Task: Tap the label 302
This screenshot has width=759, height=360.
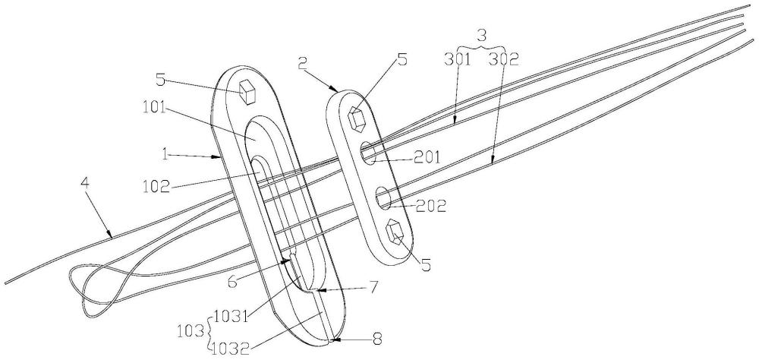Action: [x=504, y=59]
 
